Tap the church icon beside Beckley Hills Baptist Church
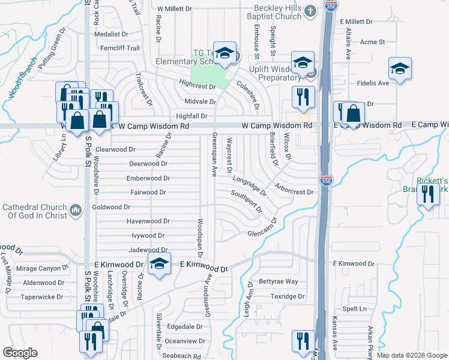tap(309, 11)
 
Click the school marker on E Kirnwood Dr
tap(158, 264)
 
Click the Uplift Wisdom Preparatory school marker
tap(303, 62)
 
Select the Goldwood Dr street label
tap(111, 207)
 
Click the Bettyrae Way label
tap(278, 281)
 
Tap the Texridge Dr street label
tap(287, 296)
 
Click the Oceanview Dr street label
tap(185, 341)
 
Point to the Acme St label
tap(372, 42)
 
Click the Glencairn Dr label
tap(265, 234)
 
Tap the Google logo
tap(20, 353)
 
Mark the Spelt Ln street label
tap(354, 308)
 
